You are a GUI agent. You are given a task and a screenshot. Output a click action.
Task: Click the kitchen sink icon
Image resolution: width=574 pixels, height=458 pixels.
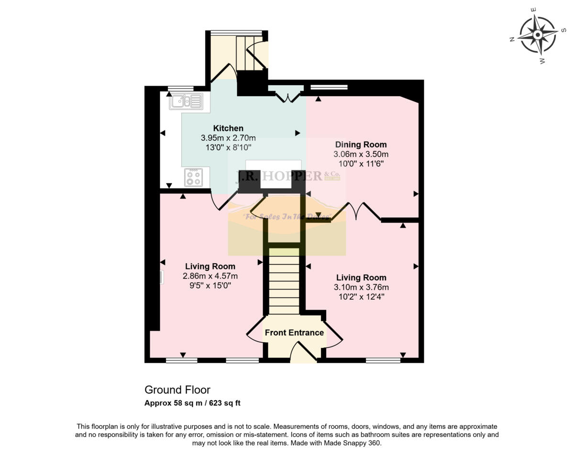tap(186, 101)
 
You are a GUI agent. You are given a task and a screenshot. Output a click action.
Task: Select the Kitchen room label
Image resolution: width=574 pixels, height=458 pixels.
tap(228, 128)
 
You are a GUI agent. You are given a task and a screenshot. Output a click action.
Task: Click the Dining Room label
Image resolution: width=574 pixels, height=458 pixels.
tap(361, 145)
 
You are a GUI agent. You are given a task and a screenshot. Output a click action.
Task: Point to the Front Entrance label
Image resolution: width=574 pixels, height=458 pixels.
tap(294, 333)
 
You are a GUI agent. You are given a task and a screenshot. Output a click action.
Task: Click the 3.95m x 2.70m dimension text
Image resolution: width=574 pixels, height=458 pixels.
tap(228, 138)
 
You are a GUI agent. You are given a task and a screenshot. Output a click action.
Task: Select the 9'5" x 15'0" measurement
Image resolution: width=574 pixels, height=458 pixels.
tap(210, 286)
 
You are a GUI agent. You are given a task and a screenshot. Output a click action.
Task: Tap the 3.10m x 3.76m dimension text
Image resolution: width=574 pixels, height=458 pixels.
tap(361, 288)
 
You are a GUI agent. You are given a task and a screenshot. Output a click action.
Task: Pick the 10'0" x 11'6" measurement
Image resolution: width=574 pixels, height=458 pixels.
tap(361, 164)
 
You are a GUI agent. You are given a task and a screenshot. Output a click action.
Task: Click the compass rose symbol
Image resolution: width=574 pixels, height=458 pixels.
tap(538, 35)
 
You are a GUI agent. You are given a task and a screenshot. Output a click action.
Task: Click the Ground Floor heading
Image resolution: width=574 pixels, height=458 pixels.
tap(177, 390)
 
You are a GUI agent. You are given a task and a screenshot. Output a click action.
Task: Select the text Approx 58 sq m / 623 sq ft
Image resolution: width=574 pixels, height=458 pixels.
tap(192, 403)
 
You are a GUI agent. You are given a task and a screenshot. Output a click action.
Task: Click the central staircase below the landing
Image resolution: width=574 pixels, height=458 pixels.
tap(284, 282)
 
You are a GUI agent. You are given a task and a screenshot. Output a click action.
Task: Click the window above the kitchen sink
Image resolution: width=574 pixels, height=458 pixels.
tap(180, 88)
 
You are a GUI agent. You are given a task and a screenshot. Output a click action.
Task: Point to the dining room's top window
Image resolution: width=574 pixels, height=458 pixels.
tap(329, 87)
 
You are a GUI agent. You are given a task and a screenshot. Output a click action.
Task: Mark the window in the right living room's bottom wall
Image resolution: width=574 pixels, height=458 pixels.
tap(383, 360)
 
